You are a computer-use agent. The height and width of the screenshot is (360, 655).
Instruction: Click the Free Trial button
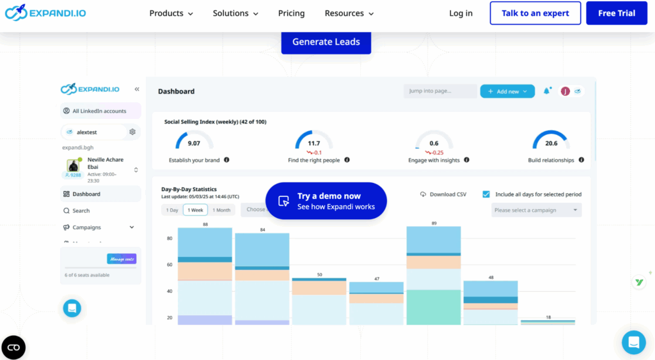point(617,13)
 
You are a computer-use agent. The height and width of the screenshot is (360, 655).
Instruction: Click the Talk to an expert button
point(535,13)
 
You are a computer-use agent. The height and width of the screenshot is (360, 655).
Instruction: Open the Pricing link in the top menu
point(291,13)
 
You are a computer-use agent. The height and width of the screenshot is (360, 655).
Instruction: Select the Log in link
point(461,13)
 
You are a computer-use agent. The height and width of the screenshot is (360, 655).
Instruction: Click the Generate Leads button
point(326,42)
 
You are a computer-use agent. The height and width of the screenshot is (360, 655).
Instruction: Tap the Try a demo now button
point(326,201)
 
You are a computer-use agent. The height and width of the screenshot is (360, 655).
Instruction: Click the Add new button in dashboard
point(508,91)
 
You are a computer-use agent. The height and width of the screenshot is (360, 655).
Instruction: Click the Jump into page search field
point(440,91)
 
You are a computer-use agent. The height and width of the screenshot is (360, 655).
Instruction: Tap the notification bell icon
point(547,91)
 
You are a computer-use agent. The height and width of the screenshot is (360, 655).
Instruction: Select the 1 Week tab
point(195,210)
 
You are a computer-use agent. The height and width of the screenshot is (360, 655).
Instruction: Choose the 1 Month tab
point(221,210)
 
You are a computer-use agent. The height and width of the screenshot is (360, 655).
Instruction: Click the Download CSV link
point(443,194)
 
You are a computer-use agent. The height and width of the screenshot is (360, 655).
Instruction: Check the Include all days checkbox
point(486,194)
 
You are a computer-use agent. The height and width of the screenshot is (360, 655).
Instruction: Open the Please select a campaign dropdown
point(536,210)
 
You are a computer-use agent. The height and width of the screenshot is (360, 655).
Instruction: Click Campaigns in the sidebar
point(86,227)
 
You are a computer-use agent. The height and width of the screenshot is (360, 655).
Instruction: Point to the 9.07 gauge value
point(194,143)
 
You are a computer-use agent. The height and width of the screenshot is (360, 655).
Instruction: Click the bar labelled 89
point(433,275)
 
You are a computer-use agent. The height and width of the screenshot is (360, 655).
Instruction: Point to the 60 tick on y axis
point(170,265)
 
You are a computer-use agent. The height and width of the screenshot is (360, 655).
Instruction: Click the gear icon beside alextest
point(132,132)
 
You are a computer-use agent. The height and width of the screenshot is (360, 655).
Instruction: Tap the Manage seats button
point(122,259)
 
